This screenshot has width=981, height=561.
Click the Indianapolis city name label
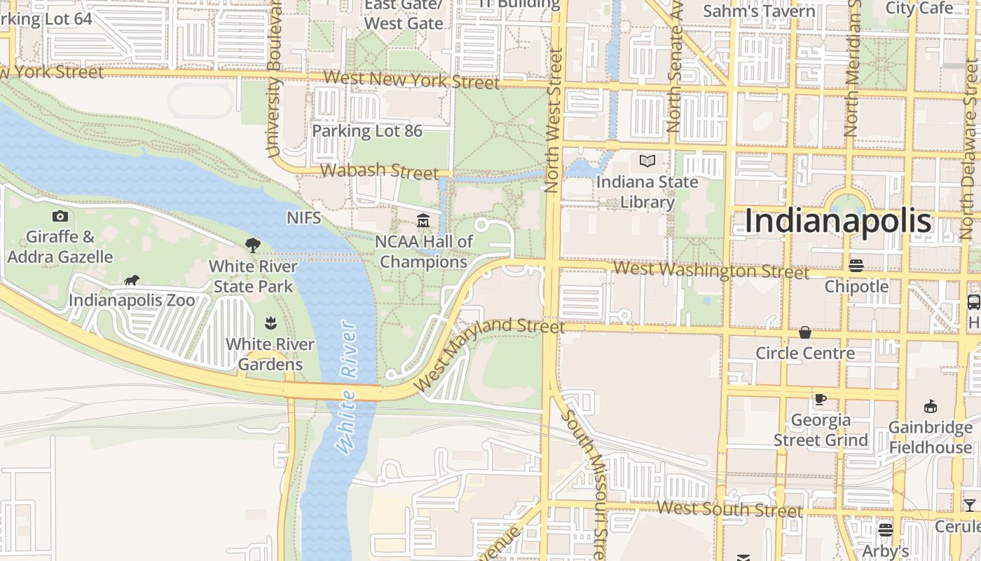[x=837, y=221]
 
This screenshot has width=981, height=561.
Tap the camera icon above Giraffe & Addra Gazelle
[x=60, y=216]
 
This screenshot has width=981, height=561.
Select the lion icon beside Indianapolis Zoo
[x=131, y=280]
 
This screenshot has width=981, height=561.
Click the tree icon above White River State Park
[x=253, y=245]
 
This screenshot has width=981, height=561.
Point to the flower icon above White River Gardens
[x=270, y=323]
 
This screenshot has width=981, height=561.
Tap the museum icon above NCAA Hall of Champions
[x=423, y=222]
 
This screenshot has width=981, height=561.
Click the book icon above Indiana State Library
[x=647, y=161]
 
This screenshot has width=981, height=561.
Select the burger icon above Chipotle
[x=856, y=265]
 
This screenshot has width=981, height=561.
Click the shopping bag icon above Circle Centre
[x=805, y=332]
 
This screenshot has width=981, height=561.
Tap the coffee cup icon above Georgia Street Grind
[x=820, y=399]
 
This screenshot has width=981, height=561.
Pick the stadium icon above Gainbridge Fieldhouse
[x=931, y=406]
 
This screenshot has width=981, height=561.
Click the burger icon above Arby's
[x=886, y=529]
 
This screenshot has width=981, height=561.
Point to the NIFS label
[x=303, y=218]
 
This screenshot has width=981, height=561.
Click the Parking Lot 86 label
[x=366, y=131]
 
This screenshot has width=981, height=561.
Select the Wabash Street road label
[x=379, y=170]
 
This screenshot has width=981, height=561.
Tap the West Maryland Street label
[x=488, y=354]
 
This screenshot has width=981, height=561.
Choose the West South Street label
[x=729, y=508]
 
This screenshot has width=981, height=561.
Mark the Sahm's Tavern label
[x=759, y=11]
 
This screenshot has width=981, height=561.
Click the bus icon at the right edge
[x=973, y=302]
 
